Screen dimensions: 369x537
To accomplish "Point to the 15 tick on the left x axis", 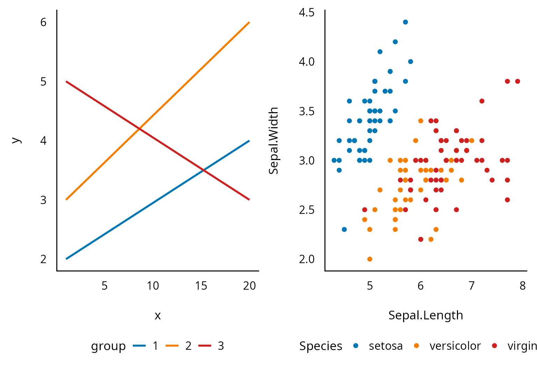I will (x=201, y=286).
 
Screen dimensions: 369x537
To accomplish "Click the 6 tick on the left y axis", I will (x=43, y=22).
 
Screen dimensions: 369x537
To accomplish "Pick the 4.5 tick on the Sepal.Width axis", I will (x=307, y=13).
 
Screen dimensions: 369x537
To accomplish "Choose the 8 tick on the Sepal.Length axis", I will (x=522, y=286).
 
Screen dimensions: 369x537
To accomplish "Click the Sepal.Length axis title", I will (x=425, y=315).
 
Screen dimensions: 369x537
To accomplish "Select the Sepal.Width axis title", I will (x=273, y=140).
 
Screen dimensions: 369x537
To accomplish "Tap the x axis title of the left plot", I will (x=158, y=316).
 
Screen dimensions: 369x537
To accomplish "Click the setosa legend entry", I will (x=386, y=346).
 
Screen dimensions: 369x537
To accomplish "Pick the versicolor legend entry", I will (x=455, y=346).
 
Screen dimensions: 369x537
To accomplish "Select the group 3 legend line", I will (x=205, y=346).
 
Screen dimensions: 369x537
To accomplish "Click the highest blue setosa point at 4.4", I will (x=405, y=22).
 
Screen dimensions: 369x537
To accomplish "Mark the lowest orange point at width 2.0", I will (x=370, y=259).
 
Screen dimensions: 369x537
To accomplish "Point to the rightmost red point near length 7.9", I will (x=517, y=81).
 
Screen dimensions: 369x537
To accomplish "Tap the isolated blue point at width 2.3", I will (x=344, y=230).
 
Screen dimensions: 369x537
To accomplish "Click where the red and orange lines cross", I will (x=139, y=129).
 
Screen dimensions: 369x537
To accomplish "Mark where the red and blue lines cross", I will (x=203, y=170).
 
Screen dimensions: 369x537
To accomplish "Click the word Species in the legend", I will (x=321, y=346).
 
